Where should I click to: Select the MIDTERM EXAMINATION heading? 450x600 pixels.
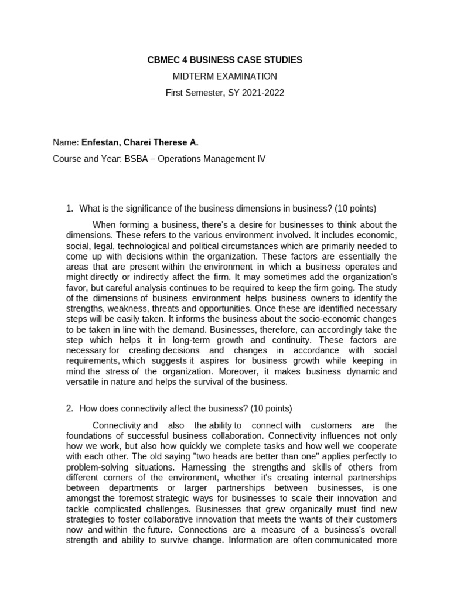(224, 76)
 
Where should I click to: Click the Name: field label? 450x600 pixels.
(66, 142)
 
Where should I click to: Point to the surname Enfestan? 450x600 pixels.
(100, 142)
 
